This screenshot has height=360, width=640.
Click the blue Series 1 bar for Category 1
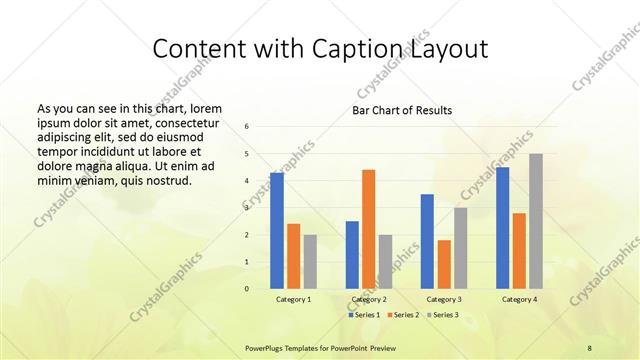pos(277,231)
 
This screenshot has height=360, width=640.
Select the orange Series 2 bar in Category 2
pos(368,229)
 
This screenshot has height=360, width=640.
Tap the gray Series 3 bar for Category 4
pos(536,221)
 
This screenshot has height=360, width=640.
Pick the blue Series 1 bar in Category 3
pos(427,241)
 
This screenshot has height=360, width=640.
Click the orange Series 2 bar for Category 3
pos(444,264)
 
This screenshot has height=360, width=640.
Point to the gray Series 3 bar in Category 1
pos(310,261)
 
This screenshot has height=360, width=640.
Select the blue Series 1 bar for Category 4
pos(503,228)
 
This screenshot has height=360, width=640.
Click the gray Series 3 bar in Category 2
pos(385,261)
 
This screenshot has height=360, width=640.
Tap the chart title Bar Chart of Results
pos(402,110)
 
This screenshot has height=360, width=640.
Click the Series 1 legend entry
pos(364,315)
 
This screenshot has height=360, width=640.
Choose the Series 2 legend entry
pos(402,315)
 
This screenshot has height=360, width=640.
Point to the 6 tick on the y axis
pos(247,127)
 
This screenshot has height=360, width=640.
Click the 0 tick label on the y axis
pos(247,289)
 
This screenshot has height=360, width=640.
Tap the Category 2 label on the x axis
pos(369,299)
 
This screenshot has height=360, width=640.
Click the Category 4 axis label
pos(519,299)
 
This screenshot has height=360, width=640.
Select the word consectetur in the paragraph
pos(187,121)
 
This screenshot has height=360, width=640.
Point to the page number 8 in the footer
pos(590,347)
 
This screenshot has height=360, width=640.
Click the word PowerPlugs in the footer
pos(267,347)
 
